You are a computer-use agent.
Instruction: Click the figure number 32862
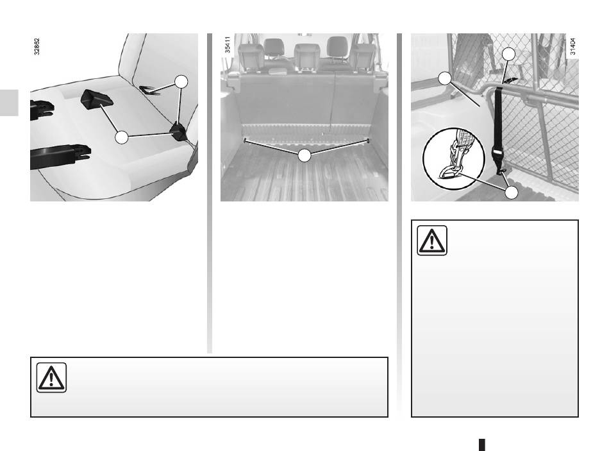(37, 47)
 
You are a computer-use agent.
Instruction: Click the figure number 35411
(228, 45)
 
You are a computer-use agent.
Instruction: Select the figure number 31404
(572, 46)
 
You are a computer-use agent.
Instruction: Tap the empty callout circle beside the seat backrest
(181, 82)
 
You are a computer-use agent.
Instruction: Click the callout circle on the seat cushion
(122, 137)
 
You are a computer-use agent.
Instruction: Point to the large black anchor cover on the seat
(97, 98)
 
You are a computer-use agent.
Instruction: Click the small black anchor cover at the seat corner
(179, 132)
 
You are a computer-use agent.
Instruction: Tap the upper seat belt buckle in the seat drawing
(42, 109)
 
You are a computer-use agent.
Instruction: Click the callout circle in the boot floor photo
(304, 155)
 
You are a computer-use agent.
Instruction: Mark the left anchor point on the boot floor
(244, 140)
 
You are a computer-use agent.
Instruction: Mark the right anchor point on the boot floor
(367, 140)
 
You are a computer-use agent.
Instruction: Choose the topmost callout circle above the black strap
(508, 54)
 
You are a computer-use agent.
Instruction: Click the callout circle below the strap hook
(512, 192)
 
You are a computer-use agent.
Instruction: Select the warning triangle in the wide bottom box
(51, 377)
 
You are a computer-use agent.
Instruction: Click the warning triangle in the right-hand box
(432, 241)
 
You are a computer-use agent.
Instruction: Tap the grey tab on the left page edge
(9, 103)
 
